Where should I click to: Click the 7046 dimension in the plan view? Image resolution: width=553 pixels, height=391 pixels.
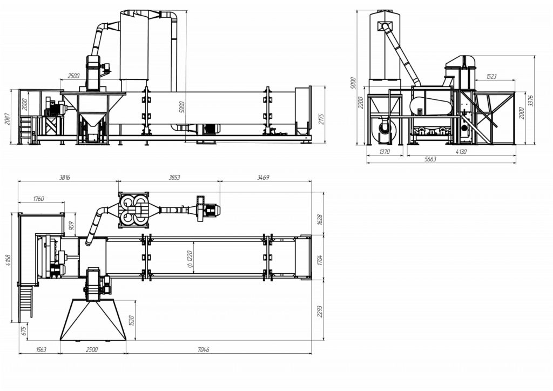click(203, 350)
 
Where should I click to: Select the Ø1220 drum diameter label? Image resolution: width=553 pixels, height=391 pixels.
click(190, 261)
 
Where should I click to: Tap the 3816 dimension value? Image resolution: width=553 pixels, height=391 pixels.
click(64, 177)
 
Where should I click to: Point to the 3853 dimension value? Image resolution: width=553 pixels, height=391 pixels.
click(174, 177)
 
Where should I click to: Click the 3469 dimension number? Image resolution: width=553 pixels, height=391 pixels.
click(263, 177)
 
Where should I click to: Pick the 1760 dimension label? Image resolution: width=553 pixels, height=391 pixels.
click(38, 199)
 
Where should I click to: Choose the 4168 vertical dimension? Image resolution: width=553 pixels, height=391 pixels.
click(9, 261)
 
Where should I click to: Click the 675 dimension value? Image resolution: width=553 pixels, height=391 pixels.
click(24, 332)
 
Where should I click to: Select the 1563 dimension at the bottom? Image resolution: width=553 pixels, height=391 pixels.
click(41, 350)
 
